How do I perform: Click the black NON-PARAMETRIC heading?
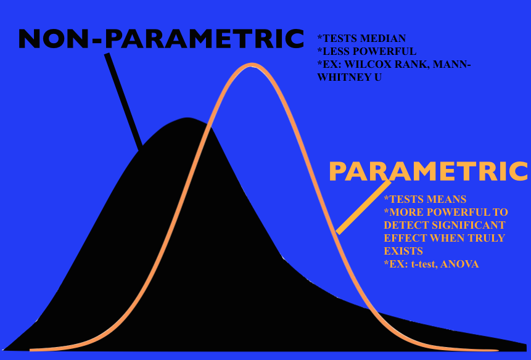(161, 39)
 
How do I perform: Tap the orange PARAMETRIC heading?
(429, 171)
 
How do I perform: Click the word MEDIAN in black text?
(386, 38)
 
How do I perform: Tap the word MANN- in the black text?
(451, 64)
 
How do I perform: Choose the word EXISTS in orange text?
(403, 251)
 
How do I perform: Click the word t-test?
(423, 264)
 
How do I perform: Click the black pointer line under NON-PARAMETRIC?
(123, 102)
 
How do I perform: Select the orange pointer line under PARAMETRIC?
(363, 207)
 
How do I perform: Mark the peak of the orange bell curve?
(251, 65)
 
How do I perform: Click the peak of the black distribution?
(187, 118)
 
